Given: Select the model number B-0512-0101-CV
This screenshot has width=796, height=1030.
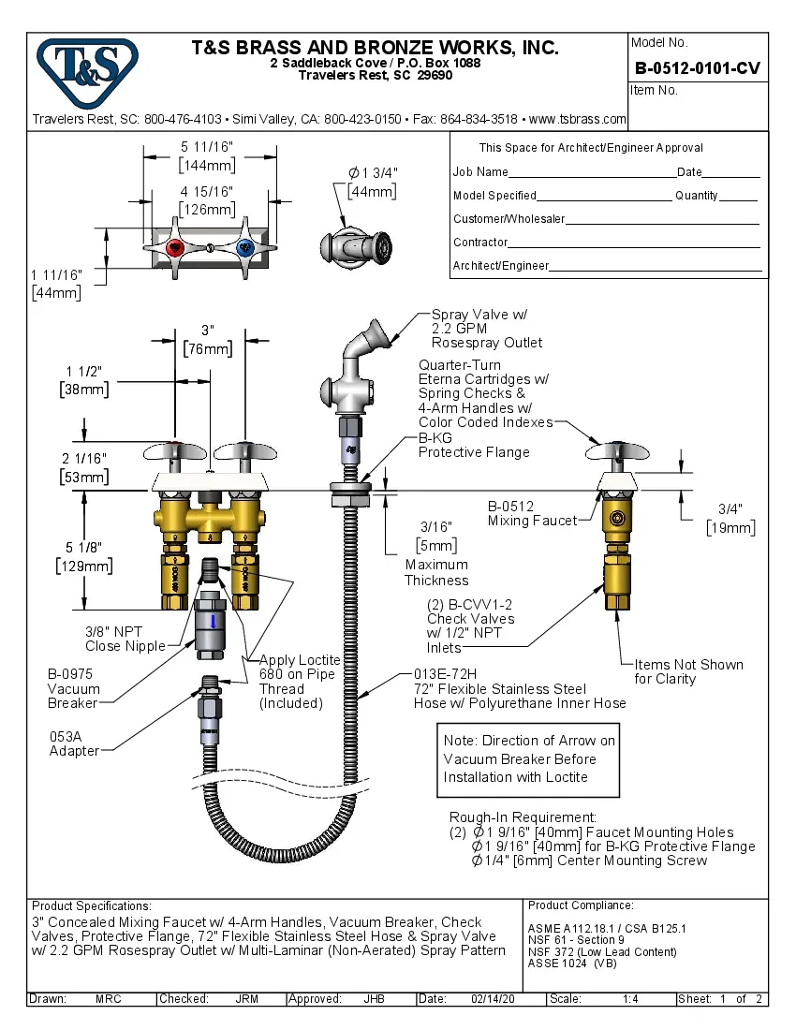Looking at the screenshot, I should [697, 67].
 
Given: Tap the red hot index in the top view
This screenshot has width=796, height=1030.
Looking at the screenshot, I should [174, 248].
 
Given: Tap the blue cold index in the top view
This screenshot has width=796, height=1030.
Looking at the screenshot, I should [244, 248].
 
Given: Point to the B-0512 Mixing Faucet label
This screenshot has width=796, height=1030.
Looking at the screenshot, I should [531, 513].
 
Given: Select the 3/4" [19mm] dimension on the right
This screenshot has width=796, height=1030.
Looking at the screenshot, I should [730, 518].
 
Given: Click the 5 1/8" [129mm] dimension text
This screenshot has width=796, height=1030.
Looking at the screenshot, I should [85, 556].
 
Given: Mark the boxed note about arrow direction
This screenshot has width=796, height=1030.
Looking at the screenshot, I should [529, 758].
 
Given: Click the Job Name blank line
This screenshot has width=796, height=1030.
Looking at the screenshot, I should [592, 173].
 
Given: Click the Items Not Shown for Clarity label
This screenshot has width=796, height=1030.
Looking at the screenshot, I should [688, 671].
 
